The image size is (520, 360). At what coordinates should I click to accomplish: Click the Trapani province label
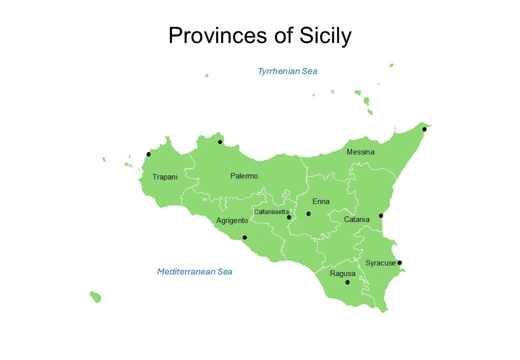(165, 177)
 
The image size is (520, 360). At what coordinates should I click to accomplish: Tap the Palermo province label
(244, 176)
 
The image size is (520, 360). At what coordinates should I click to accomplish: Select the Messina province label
(360, 152)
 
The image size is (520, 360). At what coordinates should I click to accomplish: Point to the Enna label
(321, 201)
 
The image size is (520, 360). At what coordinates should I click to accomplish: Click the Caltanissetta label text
(271, 212)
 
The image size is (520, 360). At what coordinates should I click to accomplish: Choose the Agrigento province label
(232, 220)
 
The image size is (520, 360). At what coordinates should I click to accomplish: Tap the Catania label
(356, 219)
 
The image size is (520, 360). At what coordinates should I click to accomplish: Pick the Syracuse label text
(380, 263)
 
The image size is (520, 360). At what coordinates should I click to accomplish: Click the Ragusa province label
(342, 273)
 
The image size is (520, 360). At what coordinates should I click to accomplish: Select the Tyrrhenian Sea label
(287, 71)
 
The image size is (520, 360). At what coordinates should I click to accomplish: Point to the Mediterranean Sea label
(194, 271)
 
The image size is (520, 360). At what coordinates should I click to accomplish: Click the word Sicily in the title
(325, 35)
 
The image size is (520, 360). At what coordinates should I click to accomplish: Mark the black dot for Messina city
(424, 129)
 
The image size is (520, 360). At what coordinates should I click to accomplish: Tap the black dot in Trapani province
(148, 154)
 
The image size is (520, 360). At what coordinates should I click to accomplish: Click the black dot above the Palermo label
(220, 142)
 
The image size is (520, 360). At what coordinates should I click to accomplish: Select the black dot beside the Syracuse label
(399, 262)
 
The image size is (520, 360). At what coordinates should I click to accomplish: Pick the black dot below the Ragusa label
(347, 282)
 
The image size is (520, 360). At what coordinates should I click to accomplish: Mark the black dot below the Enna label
(308, 214)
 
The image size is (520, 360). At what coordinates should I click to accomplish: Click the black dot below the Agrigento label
(244, 237)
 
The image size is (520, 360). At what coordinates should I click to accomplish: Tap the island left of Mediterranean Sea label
(95, 297)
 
